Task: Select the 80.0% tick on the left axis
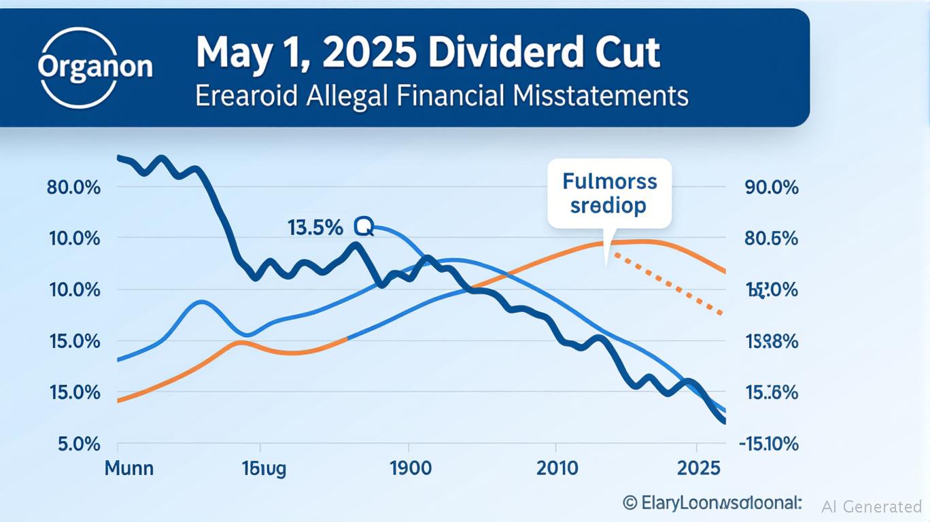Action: pyautogui.click(x=73, y=187)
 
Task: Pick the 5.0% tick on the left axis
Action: pyautogui.click(x=78, y=445)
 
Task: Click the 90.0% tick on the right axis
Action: pyautogui.click(x=772, y=187)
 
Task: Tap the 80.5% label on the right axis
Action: pyautogui.click(x=772, y=239)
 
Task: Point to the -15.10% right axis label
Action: pyautogui.click(x=768, y=445)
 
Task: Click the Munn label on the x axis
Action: pyautogui.click(x=129, y=468)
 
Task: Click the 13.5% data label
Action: pyautogui.click(x=315, y=228)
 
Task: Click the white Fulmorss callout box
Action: pyautogui.click(x=609, y=193)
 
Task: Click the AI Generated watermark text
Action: pyautogui.click(x=872, y=506)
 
